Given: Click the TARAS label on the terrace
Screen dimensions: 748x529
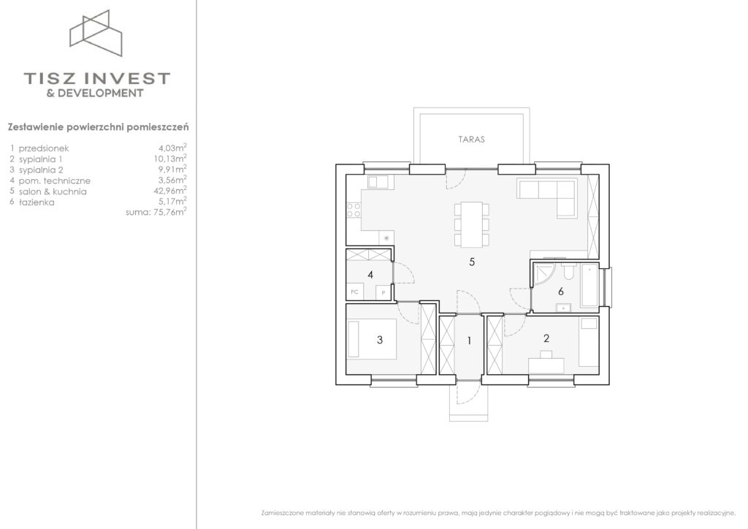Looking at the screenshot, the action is tap(471, 140).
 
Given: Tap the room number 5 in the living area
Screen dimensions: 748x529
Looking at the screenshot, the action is tap(472, 262).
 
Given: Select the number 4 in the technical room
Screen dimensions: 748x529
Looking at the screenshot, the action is tap(370, 275).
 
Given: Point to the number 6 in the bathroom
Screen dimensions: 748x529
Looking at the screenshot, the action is tap(561, 291).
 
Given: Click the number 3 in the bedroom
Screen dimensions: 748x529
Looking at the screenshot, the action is tap(380, 340).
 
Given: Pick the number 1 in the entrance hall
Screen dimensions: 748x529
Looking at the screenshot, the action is tap(470, 340).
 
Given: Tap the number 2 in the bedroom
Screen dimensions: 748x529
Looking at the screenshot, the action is tap(546, 338).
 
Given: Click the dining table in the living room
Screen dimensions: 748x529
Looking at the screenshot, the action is tap(472, 224).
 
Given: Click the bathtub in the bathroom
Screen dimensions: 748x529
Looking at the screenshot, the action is tap(590, 285).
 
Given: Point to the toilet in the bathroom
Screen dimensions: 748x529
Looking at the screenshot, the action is tap(569, 271).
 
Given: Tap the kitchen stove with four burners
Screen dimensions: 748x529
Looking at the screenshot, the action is tap(354, 210).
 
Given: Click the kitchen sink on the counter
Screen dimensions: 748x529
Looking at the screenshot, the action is tap(378, 182).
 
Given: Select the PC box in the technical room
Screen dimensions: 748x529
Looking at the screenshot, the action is tap(354, 292).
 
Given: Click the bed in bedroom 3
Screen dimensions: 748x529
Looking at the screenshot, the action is tap(372, 339).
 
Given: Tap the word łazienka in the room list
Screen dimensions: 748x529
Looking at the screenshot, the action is tap(37, 202).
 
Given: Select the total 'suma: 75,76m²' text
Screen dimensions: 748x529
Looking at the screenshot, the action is tap(156, 212).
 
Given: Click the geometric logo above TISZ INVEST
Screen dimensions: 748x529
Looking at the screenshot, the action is tap(96, 33).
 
